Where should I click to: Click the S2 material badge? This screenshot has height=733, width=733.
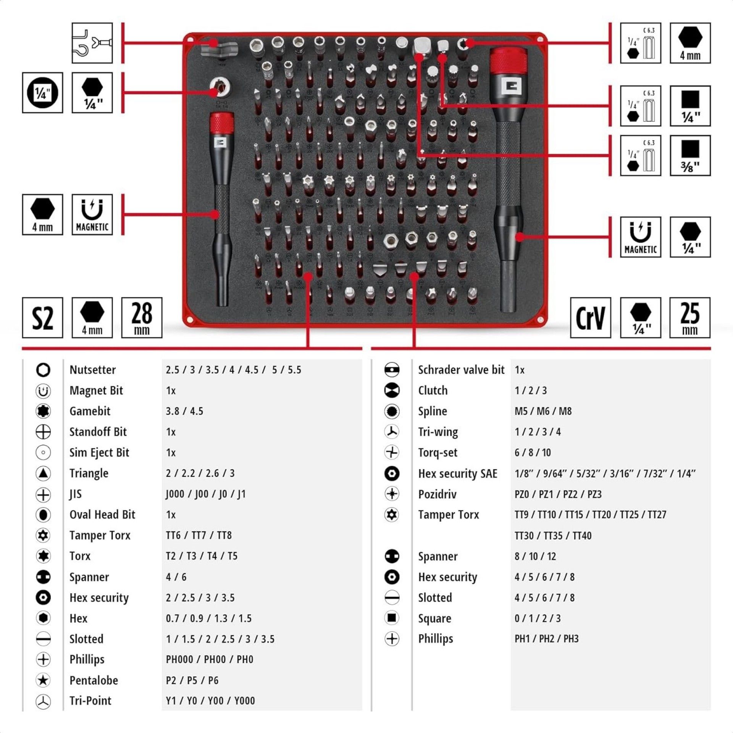pyautogui.click(x=42, y=318)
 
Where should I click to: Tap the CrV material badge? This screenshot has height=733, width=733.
pyautogui.click(x=590, y=318)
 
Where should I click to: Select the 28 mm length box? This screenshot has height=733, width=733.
pyautogui.click(x=142, y=318)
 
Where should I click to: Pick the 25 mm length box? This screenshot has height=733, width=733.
pyautogui.click(x=689, y=318)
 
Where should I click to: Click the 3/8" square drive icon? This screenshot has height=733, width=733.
pyautogui.click(x=690, y=155)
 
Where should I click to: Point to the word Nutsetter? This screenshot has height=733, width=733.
pyautogui.click(x=92, y=370)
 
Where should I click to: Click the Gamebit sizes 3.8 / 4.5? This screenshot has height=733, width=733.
pyautogui.click(x=184, y=411)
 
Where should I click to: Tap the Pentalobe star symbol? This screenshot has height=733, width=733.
pyautogui.click(x=43, y=680)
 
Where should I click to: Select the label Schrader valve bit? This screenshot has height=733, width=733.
pyautogui.click(x=461, y=370)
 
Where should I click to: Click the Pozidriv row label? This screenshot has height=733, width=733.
pyautogui.click(x=437, y=494)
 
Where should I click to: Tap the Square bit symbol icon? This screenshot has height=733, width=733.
pyautogui.click(x=392, y=618)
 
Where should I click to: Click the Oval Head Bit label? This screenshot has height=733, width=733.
pyautogui.click(x=102, y=515)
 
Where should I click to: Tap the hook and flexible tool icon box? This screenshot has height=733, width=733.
pyautogui.click(x=92, y=43)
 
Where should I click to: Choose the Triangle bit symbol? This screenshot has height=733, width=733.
pyautogui.click(x=43, y=473)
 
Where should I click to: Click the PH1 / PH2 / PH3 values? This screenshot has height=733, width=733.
pyautogui.click(x=546, y=639)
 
